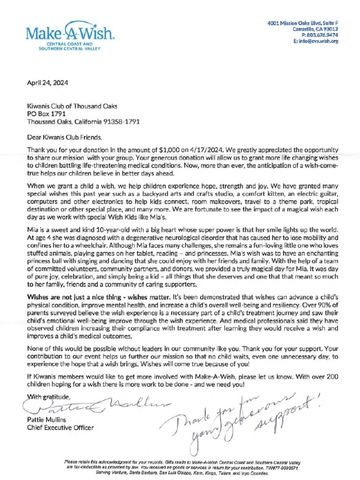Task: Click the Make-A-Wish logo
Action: tap(70, 34)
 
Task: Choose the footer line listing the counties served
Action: tap(182, 472)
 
